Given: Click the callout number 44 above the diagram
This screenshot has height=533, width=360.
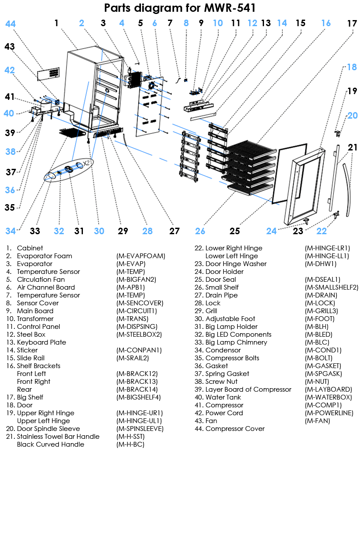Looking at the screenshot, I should coord(10,24).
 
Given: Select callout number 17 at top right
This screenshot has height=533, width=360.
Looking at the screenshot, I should coord(352,24).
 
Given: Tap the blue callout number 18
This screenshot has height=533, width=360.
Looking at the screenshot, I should coord(352,67).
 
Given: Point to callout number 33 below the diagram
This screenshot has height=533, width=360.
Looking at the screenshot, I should coord(35,231).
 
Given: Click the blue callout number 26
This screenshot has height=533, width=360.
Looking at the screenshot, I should coord(200,231).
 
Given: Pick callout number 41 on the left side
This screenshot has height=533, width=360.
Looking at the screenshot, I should coord(10,97).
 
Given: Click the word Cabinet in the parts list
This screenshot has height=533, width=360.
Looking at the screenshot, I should coord(30,248).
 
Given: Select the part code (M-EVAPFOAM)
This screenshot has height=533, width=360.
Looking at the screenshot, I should coord(141,256).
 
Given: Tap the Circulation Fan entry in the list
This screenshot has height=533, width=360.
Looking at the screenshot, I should coord(41,280).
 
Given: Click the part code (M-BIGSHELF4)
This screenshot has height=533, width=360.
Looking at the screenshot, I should coord(139,397).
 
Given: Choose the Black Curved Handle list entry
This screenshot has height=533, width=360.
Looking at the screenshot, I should coord(51,444).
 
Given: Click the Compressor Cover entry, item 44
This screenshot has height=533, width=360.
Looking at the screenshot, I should coord(235,429).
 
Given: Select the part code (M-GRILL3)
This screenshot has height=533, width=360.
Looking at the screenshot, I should coord(321,311).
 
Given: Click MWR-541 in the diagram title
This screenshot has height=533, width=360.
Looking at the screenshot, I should coord(229,8).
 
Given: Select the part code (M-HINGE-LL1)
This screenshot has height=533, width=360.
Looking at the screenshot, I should coord(327,256).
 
